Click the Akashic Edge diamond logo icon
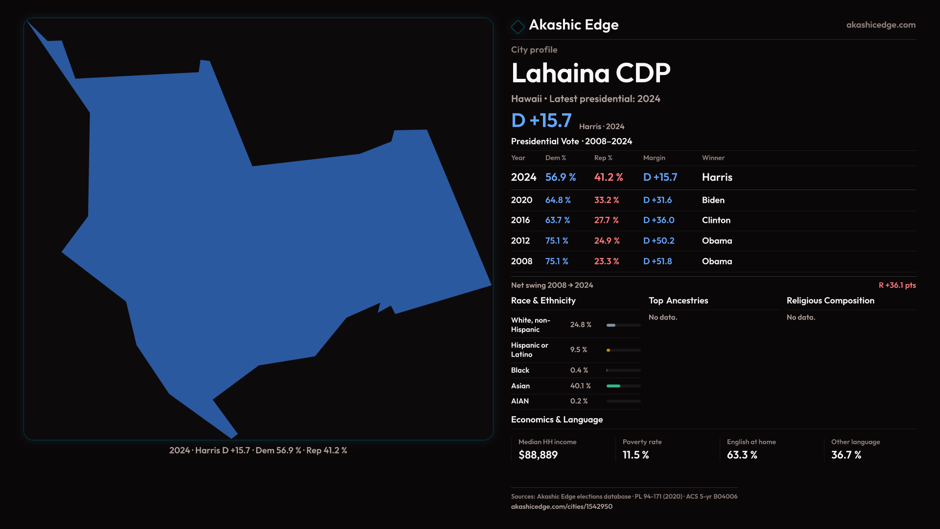(x=517, y=26)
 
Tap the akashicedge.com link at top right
(x=880, y=25)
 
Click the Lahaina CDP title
(x=590, y=73)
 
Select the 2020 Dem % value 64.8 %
(x=558, y=200)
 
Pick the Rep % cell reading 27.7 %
(x=606, y=220)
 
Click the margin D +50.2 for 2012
(x=658, y=241)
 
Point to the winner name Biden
(x=713, y=200)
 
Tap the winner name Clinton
(x=716, y=220)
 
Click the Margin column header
(x=654, y=158)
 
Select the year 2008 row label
(x=521, y=262)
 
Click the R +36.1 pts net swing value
(x=897, y=285)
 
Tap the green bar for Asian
(x=613, y=386)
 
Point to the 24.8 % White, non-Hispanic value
(x=581, y=325)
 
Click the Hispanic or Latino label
(x=529, y=350)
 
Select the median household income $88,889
(x=538, y=455)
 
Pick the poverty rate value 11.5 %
(x=635, y=455)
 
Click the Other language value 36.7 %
(x=846, y=455)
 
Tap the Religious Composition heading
(x=830, y=301)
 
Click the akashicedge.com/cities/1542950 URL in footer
(x=562, y=506)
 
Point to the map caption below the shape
(x=258, y=451)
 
